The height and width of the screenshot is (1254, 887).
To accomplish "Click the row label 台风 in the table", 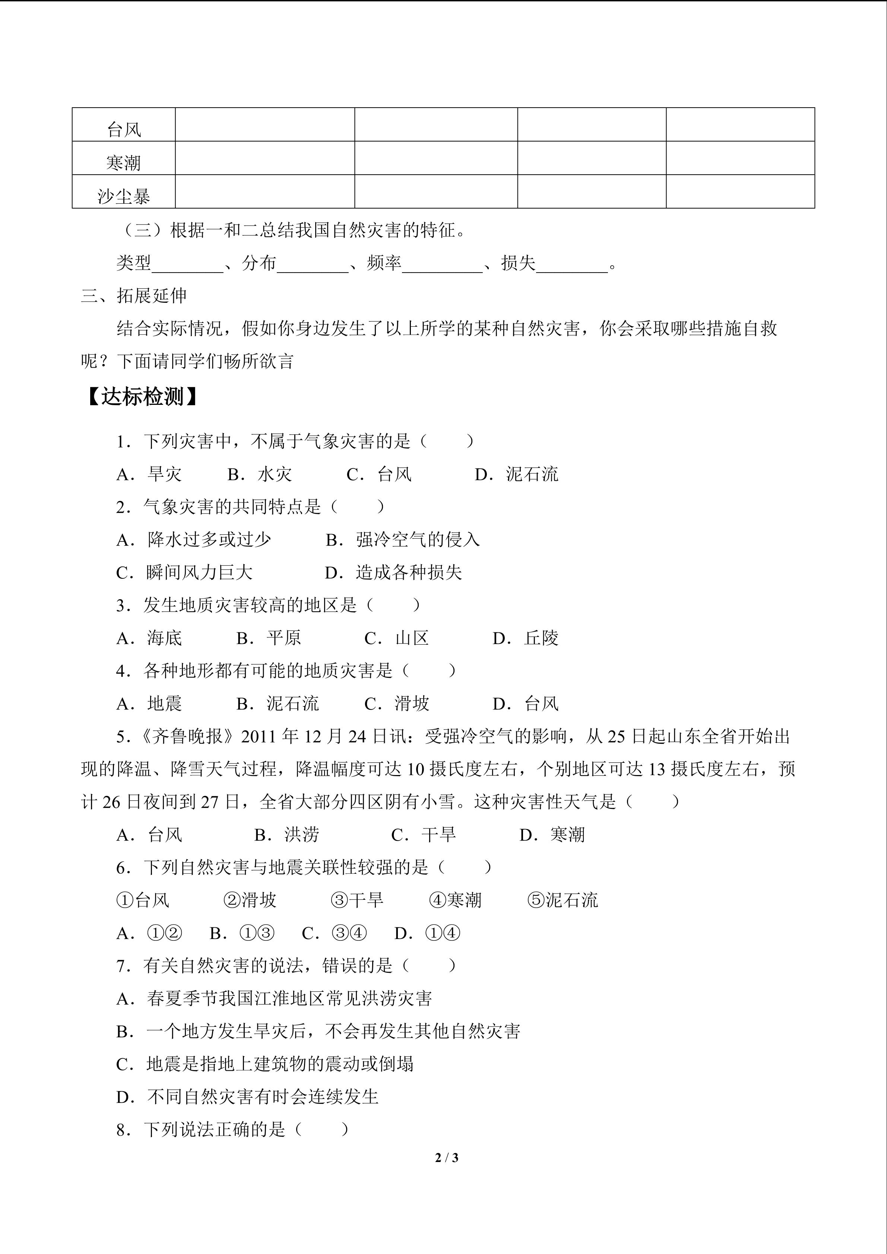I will [124, 130].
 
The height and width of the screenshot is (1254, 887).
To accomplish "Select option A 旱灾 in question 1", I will [149, 474].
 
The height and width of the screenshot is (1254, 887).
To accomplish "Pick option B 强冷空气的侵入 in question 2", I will [403, 540].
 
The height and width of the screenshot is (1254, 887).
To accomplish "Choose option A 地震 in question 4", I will [149, 704].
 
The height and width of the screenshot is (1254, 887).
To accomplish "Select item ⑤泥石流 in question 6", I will [563, 900].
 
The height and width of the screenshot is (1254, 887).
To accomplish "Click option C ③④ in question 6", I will [334, 933].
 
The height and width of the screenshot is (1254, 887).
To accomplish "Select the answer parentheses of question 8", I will [321, 1130].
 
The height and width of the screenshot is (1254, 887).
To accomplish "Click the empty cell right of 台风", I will [265, 124].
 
